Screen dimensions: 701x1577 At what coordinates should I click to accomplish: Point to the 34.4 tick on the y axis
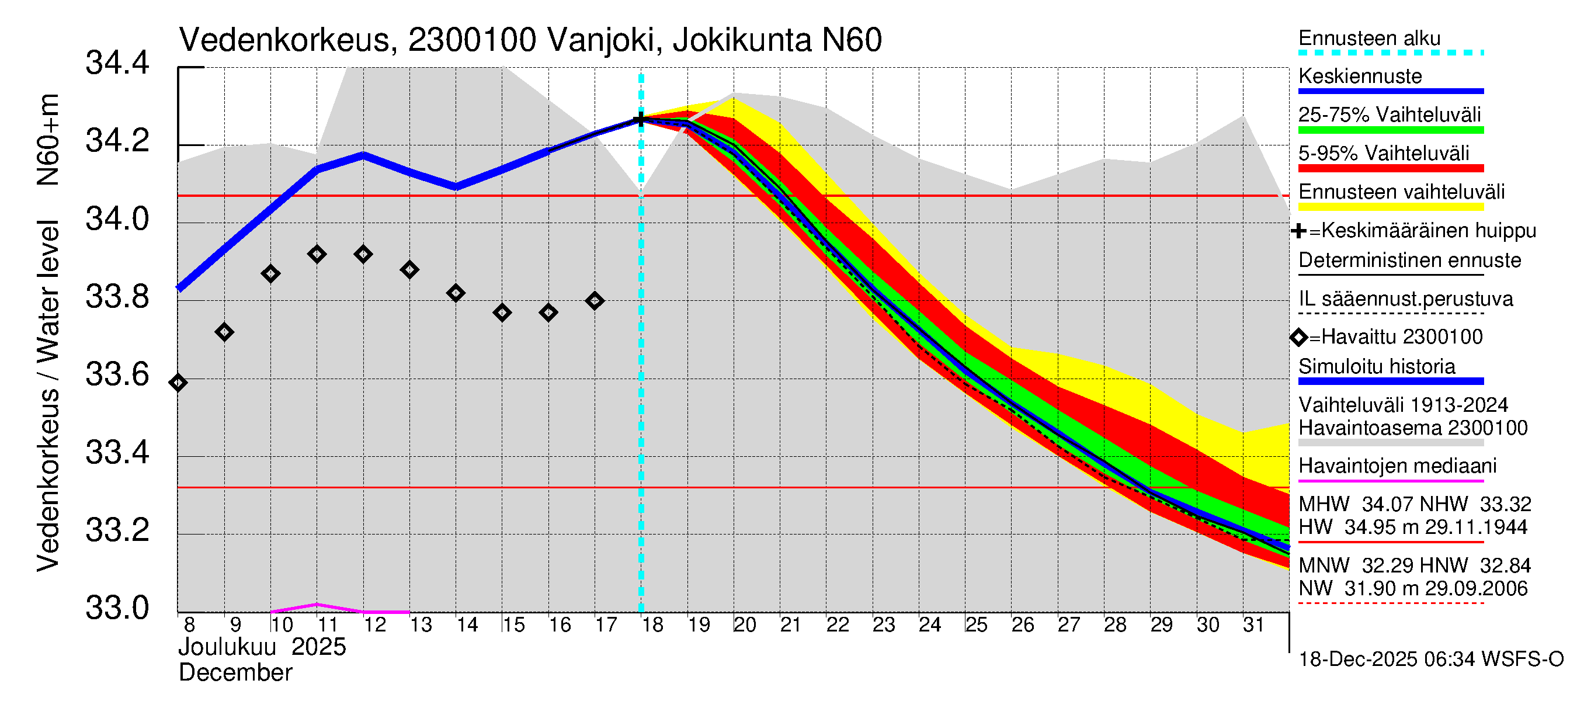117,63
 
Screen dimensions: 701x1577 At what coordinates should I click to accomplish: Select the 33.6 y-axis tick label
117,374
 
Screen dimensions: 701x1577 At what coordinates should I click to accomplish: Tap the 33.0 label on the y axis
117,608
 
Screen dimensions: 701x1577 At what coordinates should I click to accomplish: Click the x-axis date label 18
652,625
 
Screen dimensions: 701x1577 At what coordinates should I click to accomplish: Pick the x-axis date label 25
976,625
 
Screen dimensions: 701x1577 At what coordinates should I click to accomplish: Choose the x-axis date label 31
1253,625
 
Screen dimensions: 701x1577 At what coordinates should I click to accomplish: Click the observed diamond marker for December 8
178,383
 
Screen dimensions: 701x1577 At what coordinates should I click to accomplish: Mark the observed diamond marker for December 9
224,332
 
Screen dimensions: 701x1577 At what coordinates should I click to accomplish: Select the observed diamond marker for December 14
456,293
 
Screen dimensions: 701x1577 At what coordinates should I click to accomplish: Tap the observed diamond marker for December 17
595,301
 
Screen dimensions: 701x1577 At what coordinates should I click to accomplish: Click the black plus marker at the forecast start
641,119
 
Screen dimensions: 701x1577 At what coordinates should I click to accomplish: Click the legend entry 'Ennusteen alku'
1370,39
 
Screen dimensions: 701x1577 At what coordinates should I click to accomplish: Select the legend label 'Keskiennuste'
1360,77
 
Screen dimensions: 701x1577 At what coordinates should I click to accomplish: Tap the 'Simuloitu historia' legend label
1376,367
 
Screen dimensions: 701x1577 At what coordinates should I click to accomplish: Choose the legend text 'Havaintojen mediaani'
1397,467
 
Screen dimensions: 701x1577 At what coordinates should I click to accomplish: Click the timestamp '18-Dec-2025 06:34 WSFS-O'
1430,660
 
